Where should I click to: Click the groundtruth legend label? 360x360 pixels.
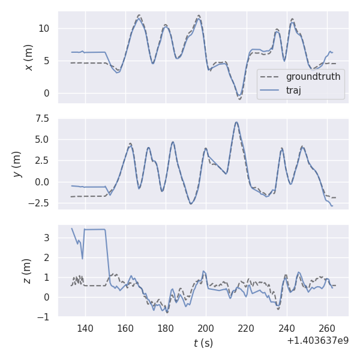313,77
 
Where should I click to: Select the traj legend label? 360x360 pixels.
293,90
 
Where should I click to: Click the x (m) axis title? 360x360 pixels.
28,57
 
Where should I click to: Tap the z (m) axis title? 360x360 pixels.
28,271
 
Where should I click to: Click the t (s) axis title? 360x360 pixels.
203,343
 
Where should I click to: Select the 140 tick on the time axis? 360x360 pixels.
85,328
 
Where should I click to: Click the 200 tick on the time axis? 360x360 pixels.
206,328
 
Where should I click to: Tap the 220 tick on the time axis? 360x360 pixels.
246,328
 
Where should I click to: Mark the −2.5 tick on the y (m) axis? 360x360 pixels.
40,203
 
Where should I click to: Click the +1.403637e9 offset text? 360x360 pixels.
317,340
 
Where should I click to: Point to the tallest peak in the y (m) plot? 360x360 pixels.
236,122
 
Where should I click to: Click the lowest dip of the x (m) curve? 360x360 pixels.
239,97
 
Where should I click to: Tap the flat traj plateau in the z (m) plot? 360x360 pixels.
95,229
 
